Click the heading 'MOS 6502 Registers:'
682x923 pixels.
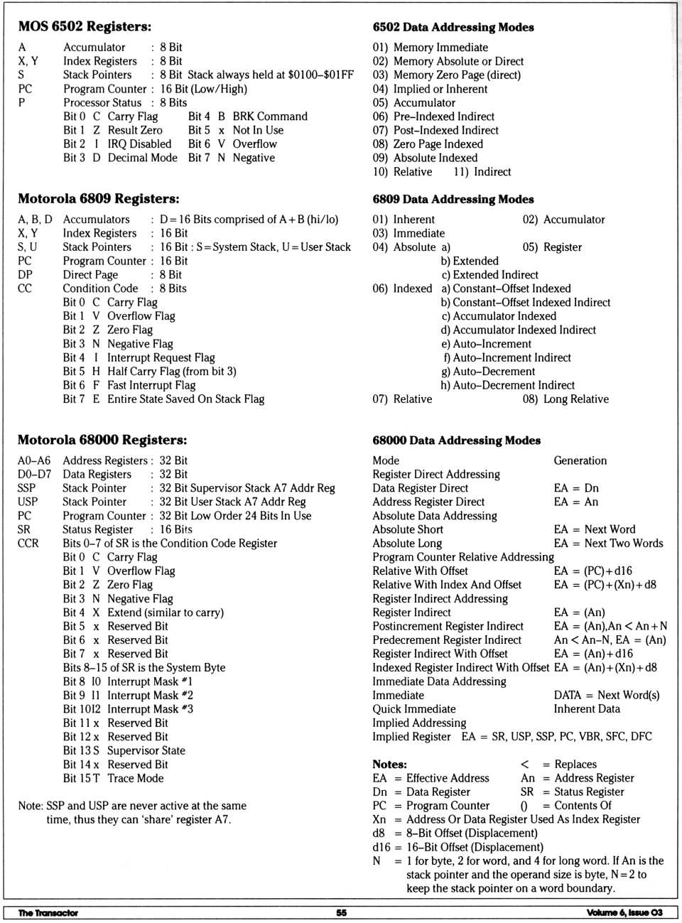coord(85,26)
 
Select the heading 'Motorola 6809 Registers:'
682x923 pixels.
coord(98,199)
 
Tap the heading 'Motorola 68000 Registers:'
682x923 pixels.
coord(102,440)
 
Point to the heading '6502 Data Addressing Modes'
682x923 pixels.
coord(453,27)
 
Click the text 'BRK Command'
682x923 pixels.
coord(270,117)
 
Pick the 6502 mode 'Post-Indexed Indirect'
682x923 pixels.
coord(445,130)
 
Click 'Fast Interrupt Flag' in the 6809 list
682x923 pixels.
coord(151,385)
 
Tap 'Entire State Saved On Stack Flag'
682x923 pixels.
coord(185,399)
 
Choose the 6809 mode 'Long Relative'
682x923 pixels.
coord(575,399)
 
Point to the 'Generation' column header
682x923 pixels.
coord(580,460)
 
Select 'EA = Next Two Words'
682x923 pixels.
coord(608,544)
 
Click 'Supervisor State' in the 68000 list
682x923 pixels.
coord(146,751)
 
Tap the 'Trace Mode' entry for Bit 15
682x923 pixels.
coord(135,779)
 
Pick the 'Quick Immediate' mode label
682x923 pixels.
coord(414,709)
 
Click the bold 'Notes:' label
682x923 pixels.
coord(389,765)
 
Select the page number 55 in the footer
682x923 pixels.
coord(341,913)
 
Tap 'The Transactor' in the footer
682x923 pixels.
coord(48,913)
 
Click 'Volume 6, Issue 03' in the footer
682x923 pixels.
coord(624,913)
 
